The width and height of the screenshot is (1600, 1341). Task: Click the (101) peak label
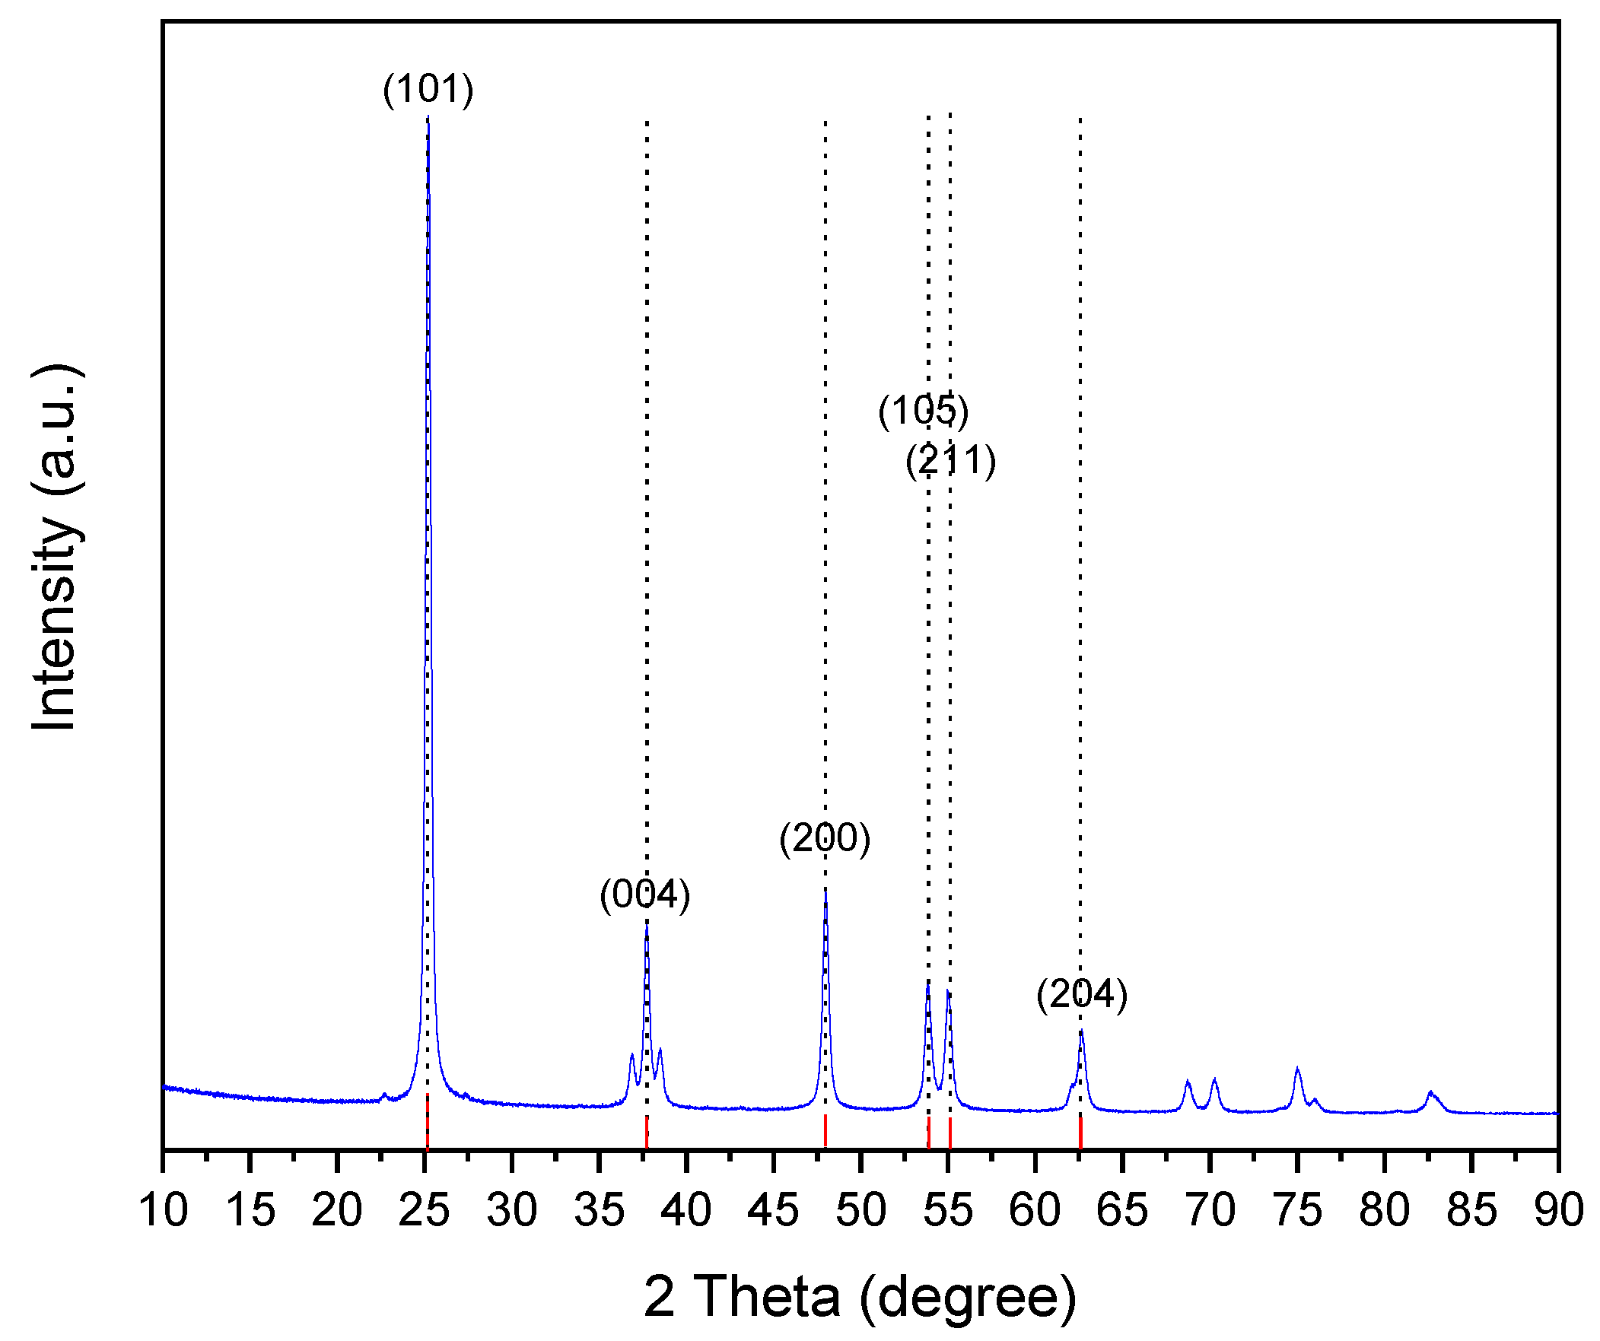coord(428,89)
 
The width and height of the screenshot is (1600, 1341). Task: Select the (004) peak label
coord(644,895)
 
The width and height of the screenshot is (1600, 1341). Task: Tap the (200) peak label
coord(825,838)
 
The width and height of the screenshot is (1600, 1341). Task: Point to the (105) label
coord(924,411)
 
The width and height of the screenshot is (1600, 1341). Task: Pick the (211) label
coord(951,460)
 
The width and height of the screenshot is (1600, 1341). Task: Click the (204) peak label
coord(1082,994)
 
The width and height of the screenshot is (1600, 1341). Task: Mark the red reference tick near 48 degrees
coord(825,1130)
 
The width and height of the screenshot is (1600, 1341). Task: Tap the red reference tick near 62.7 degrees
coord(1080,1132)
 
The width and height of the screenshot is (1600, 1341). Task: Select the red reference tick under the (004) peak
coord(646,1132)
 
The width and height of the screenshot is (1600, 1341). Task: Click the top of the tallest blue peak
coord(428,119)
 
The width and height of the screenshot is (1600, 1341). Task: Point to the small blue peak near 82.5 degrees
coord(1430,1092)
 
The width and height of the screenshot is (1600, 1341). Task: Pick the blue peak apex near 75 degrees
coord(1296,1069)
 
